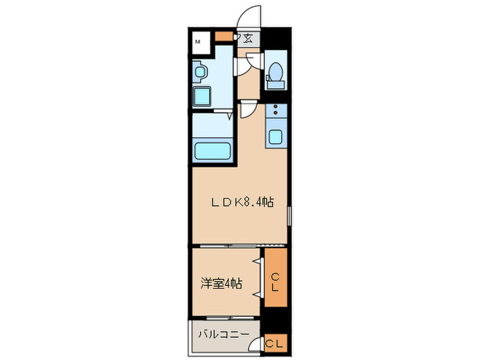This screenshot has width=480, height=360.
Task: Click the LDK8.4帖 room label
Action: [242, 202]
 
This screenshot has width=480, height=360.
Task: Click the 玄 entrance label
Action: [248, 39]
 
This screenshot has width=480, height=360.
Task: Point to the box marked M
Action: [198, 43]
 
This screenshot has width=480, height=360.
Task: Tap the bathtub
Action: [212, 150]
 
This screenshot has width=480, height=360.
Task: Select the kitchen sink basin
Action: [276, 136]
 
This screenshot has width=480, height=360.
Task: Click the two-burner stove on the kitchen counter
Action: [275, 110]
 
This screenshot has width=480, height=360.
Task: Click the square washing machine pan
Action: [204, 96]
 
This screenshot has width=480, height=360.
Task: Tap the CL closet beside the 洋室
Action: [275, 281]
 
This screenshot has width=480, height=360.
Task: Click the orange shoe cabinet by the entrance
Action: [224, 37]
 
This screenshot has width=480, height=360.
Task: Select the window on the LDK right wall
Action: [289, 217]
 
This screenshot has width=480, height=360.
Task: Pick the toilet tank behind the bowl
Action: [276, 84]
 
